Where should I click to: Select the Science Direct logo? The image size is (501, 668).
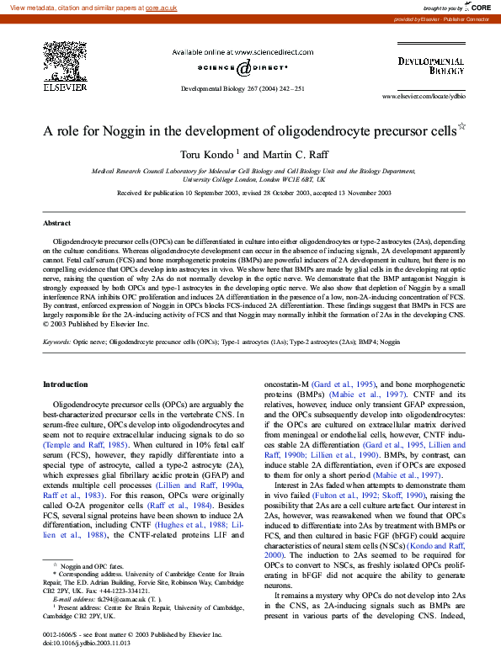pyautogui.click(x=237, y=69)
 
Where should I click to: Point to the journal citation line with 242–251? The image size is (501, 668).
pyautogui.click(x=243, y=88)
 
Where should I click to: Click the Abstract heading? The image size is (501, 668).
pyautogui.click(x=57, y=223)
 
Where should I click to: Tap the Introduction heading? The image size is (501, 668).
pyautogui.click(x=65, y=384)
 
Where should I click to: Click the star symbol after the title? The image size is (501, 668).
pyautogui.click(x=461, y=127)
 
